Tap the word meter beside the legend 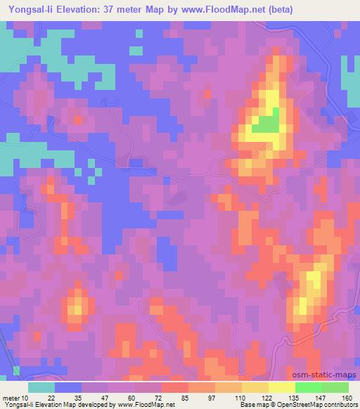click(x=12, y=398)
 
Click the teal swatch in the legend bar click(x=41, y=387)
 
